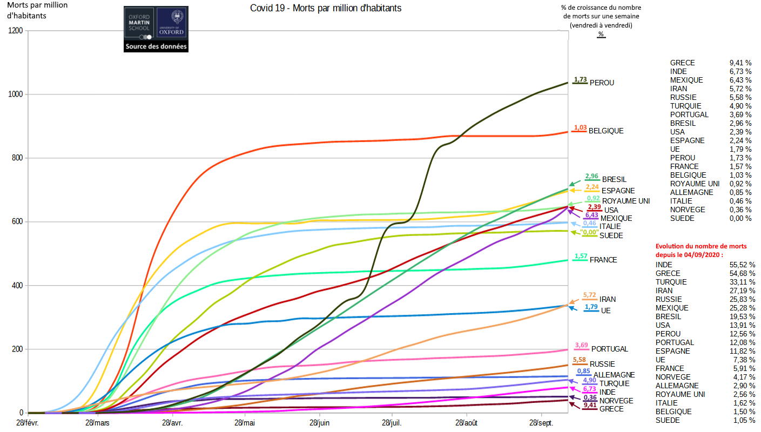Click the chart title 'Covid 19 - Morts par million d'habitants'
[x=326, y=8]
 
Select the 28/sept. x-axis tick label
[x=541, y=423]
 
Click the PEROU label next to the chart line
[x=602, y=83]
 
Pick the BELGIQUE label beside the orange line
[x=606, y=131]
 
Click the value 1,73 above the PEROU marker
[x=580, y=79]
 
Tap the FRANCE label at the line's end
[x=603, y=260]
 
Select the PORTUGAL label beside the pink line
[x=610, y=349]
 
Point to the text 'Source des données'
[x=156, y=47]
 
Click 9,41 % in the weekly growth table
[x=740, y=63]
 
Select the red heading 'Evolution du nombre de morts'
[x=701, y=246]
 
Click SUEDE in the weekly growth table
[x=682, y=218]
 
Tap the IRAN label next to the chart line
[x=607, y=299]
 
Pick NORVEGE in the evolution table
[x=673, y=377]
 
